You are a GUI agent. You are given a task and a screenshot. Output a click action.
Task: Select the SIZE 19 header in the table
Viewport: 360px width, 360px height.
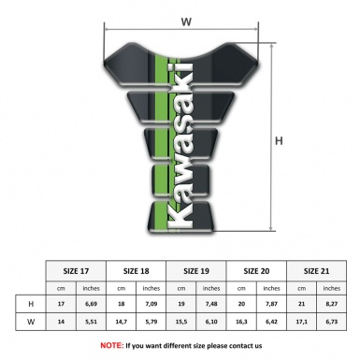(197, 270)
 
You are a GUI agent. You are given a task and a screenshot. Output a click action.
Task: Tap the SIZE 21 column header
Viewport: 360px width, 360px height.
(317, 270)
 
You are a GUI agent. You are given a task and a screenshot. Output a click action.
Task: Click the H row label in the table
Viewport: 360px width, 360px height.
(31, 304)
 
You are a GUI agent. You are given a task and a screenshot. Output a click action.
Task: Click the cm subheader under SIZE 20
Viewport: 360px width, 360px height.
(241, 287)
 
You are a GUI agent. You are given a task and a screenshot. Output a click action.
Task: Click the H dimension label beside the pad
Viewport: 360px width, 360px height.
(278, 141)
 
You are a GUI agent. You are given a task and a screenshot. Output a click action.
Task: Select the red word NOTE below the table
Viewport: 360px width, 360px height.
(111, 345)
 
